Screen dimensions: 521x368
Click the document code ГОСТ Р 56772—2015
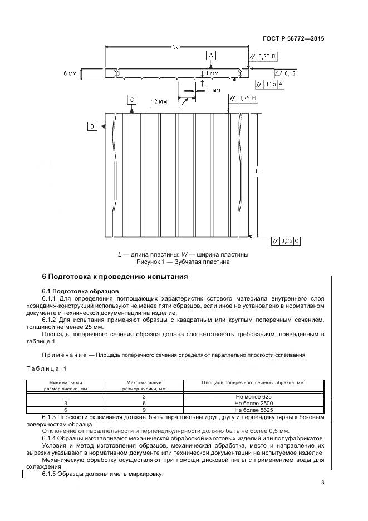[293, 38]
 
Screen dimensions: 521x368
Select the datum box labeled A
[210, 55]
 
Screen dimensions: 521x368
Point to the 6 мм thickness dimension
[70, 73]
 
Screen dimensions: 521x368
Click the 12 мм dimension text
[159, 102]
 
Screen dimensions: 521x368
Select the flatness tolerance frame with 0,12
[285, 73]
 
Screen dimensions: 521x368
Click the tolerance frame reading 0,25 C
[286, 241]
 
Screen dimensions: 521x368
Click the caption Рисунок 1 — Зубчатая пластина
[183, 262]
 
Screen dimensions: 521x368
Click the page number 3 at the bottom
[322, 483]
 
